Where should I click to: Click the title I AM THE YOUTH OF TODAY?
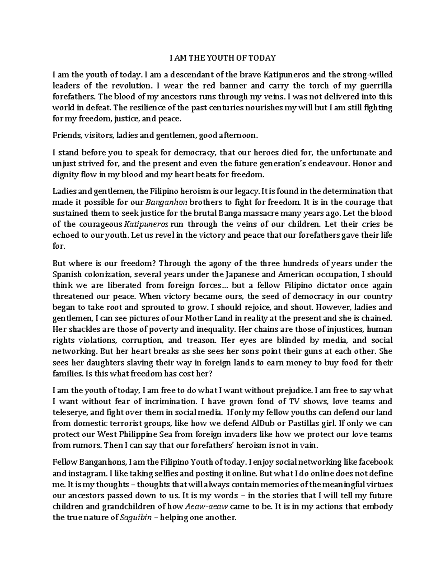click(x=222, y=58)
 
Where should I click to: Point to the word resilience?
click(x=147, y=108)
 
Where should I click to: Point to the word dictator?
click(x=329, y=286)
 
